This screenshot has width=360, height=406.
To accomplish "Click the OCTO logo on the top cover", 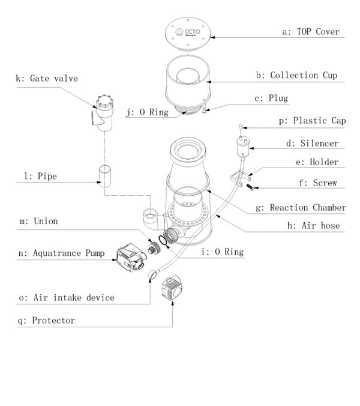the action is pyautogui.click(x=188, y=32).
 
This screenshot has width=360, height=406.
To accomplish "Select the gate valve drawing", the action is pyautogui.click(x=103, y=113).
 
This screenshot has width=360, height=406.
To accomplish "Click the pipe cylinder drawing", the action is pyautogui.click(x=105, y=177).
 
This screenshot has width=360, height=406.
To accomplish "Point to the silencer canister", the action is pyautogui.click(x=243, y=147).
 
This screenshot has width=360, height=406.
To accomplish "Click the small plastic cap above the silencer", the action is pyautogui.click(x=241, y=127).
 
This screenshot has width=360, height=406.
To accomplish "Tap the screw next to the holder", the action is pyautogui.click(x=250, y=186).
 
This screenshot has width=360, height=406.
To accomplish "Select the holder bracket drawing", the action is pyautogui.click(x=240, y=178).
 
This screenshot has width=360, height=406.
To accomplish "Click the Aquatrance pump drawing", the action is pyautogui.click(x=131, y=258).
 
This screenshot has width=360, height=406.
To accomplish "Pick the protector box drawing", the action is pyautogui.click(x=172, y=288).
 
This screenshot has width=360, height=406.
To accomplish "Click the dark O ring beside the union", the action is pyautogui.click(x=163, y=240).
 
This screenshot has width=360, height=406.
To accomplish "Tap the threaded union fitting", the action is pyautogui.click(x=154, y=248).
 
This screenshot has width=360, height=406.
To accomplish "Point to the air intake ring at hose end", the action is pyautogui.click(x=152, y=274).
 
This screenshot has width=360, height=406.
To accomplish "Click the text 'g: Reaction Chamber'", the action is pyautogui.click(x=301, y=208).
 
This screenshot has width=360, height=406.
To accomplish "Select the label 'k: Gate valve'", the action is pyautogui.click(x=47, y=78).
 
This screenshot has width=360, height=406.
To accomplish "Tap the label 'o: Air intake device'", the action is pyautogui.click(x=67, y=298).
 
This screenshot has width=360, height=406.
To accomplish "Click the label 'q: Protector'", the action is pyautogui.click(x=46, y=321).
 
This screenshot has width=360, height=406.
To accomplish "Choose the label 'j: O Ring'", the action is pyautogui.click(x=148, y=112).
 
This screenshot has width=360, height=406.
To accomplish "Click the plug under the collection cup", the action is pyautogui.click(x=204, y=107).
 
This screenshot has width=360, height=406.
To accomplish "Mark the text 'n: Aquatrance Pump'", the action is pyautogui.click(x=62, y=253).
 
